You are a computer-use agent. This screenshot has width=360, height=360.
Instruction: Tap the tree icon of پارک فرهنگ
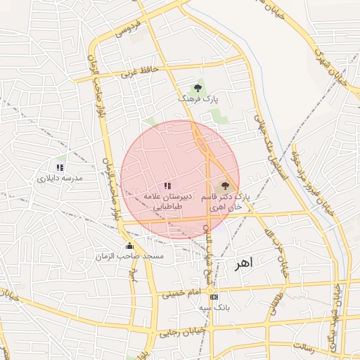pos(198,87)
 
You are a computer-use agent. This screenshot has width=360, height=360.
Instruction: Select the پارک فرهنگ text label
pos(198,100)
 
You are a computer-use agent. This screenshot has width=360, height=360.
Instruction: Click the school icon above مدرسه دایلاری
pos(60,167)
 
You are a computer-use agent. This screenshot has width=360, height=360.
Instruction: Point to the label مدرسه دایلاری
pos(60,179)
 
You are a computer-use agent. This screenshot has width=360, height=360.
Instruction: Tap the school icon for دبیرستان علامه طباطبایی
pos(167,186)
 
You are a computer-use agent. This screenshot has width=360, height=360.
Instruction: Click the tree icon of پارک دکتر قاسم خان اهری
pos(225,186)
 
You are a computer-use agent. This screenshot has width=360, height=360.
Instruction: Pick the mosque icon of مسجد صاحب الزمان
pos(129,246)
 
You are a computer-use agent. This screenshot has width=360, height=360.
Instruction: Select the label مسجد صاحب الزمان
pos(130,257)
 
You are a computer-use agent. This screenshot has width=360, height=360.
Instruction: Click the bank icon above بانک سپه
pos(213,296)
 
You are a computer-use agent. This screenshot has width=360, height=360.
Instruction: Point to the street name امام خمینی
pos(181,292)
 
